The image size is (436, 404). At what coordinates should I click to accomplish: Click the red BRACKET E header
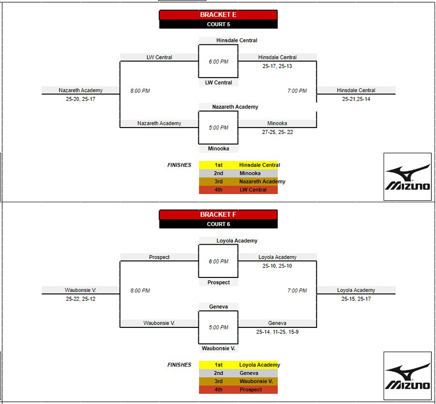coord(219,15)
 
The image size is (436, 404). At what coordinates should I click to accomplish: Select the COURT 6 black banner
coord(219,224)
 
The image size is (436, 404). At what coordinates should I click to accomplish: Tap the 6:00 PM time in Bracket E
coord(219,62)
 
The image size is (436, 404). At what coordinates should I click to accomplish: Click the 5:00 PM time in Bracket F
coord(219,327)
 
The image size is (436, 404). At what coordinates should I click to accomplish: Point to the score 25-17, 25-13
coord(277,66)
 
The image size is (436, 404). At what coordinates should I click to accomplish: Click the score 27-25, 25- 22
coord(277,132)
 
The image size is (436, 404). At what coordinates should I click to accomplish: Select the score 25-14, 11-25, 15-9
coord(277,332)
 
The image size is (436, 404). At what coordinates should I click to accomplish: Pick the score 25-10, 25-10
coord(277,266)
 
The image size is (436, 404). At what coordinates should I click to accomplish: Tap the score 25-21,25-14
coord(356,99)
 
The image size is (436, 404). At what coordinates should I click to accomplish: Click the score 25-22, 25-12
coord(81,299)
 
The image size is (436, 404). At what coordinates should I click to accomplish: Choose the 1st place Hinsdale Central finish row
coord(238,165)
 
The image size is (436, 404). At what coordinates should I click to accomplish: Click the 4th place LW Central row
coord(238,190)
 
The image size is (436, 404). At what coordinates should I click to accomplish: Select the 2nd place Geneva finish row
coord(238,373)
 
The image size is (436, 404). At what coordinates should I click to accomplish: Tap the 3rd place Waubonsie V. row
coord(238,381)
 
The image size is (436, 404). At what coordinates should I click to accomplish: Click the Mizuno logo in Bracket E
coord(408,177)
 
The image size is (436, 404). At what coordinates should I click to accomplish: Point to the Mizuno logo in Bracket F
coord(408,376)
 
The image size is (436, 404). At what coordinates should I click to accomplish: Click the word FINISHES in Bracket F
coord(179,365)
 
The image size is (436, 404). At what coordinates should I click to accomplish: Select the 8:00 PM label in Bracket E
coord(140,91)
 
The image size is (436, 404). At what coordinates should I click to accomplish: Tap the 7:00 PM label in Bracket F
coord(297,291)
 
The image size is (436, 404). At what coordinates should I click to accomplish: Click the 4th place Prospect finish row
coord(238,389)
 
